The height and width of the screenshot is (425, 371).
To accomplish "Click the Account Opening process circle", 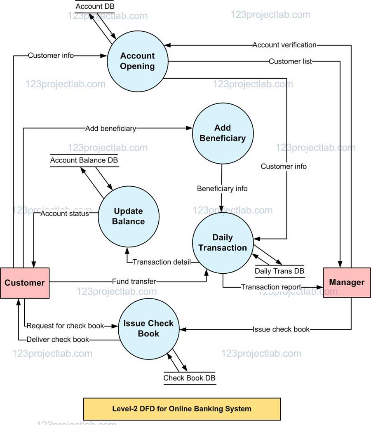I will click(x=137, y=61).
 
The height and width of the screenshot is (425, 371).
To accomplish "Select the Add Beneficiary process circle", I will click(x=223, y=133).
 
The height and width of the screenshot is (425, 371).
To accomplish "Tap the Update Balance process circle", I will click(x=129, y=216).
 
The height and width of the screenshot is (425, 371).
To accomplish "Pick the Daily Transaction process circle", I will click(x=223, y=243).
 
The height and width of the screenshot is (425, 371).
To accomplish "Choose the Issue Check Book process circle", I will click(x=148, y=329).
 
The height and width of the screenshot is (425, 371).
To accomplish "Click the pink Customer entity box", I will click(x=25, y=283).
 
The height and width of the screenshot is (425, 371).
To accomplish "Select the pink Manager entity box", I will click(x=347, y=282).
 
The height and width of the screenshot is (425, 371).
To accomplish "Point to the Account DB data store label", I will click(x=95, y=7).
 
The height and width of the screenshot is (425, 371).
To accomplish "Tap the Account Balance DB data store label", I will click(x=84, y=160).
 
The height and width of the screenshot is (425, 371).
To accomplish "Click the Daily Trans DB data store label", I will click(x=279, y=271).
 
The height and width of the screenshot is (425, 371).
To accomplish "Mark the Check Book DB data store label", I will click(x=189, y=378).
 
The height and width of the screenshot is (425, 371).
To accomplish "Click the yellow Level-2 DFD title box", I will click(x=182, y=409).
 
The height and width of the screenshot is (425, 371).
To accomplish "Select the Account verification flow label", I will click(x=284, y=45).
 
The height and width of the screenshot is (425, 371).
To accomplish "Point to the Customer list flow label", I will click(x=290, y=61).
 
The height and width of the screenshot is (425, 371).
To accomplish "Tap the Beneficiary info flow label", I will click(x=222, y=188).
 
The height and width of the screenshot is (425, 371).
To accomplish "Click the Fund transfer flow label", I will click(x=134, y=282).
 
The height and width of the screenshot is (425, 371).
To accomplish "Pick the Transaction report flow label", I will click(x=271, y=287).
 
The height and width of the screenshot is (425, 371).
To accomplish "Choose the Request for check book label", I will click(x=66, y=326).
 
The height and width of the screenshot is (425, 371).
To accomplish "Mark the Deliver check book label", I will click(x=58, y=340).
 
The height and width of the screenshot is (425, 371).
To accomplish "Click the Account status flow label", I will click(x=64, y=214).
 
